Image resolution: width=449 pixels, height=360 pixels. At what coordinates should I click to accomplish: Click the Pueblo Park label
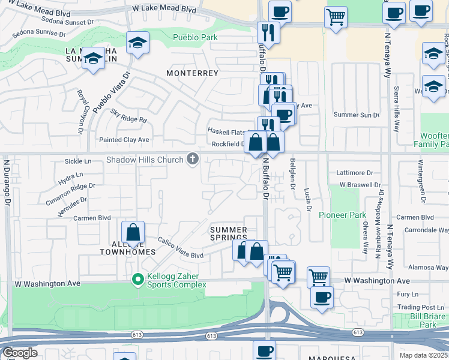click(194, 37)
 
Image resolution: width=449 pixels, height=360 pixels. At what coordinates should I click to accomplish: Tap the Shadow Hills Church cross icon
click(193, 159)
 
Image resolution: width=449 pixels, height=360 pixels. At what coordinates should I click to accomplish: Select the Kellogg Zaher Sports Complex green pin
click(137, 279)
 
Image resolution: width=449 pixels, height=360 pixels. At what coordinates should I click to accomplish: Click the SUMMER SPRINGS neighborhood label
click(228, 234)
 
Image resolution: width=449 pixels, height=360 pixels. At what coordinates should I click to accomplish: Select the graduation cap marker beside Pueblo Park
click(138, 43)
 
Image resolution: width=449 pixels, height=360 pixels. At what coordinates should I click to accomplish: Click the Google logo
click(20, 353)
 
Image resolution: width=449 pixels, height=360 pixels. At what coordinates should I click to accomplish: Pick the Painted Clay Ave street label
click(124, 140)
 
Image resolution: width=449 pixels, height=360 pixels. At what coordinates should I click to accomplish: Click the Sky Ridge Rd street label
click(128, 119)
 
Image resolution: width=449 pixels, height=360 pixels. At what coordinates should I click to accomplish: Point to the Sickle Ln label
click(78, 161)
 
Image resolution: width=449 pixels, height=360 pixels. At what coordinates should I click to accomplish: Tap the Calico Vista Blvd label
click(181, 247)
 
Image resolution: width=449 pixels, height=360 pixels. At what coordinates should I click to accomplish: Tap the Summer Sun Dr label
click(357, 115)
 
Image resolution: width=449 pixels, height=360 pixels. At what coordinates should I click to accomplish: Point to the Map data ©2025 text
click(424, 355)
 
